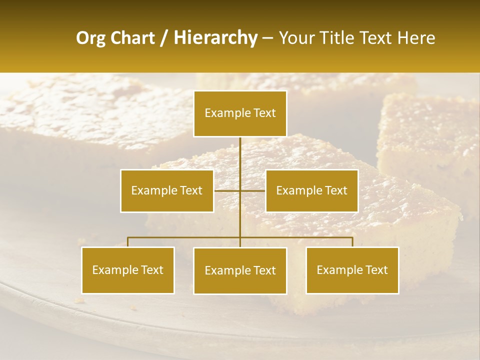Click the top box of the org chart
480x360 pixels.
click(240, 113)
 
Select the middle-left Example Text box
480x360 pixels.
click(167, 190)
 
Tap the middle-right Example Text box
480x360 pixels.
click(311, 190)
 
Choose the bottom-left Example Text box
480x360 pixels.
click(128, 270)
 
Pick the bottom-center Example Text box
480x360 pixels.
click(240, 270)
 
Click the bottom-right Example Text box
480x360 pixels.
click(352, 270)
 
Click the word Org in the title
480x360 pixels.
click(91, 38)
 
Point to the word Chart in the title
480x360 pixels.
click(132, 38)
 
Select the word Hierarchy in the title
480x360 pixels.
click(215, 38)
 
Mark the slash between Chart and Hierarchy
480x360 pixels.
click(164, 38)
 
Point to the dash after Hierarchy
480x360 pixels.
click(267, 38)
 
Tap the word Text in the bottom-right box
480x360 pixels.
click(376, 270)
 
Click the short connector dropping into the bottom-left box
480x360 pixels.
click(128, 242)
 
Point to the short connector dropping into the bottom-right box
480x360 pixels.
click(352, 242)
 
